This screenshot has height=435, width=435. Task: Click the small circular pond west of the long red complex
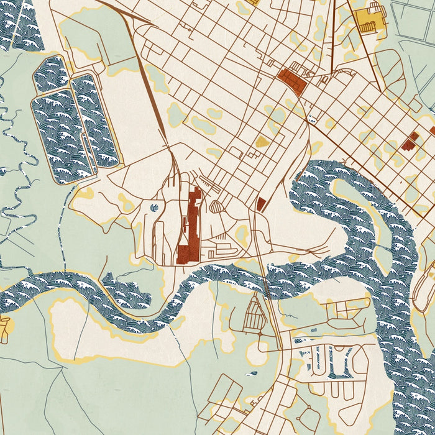[x=154, y=207]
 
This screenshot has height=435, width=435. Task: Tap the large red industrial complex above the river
[x=189, y=227]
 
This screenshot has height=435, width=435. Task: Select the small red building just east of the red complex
[x=261, y=203]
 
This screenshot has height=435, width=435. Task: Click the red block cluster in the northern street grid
[x=292, y=80]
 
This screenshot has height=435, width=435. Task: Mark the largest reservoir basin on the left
[x=59, y=140]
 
